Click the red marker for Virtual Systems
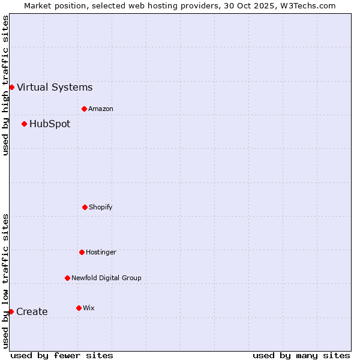click(11, 87)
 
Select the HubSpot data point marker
click(24, 124)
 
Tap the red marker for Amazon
click(84, 109)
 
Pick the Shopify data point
click(85, 207)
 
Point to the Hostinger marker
click(82, 252)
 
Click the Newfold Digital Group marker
click(67, 278)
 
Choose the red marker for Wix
click(79, 308)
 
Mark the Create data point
click(11, 311)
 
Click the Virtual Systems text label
click(55, 88)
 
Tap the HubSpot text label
click(50, 124)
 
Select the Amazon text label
click(101, 109)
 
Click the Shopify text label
click(101, 208)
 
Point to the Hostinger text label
click(101, 253)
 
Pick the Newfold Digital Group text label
click(106, 278)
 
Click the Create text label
click(32, 312)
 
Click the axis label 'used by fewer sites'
click(62, 355)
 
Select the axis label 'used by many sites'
click(301, 355)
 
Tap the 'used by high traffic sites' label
click(5, 85)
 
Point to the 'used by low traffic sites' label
click(5, 281)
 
